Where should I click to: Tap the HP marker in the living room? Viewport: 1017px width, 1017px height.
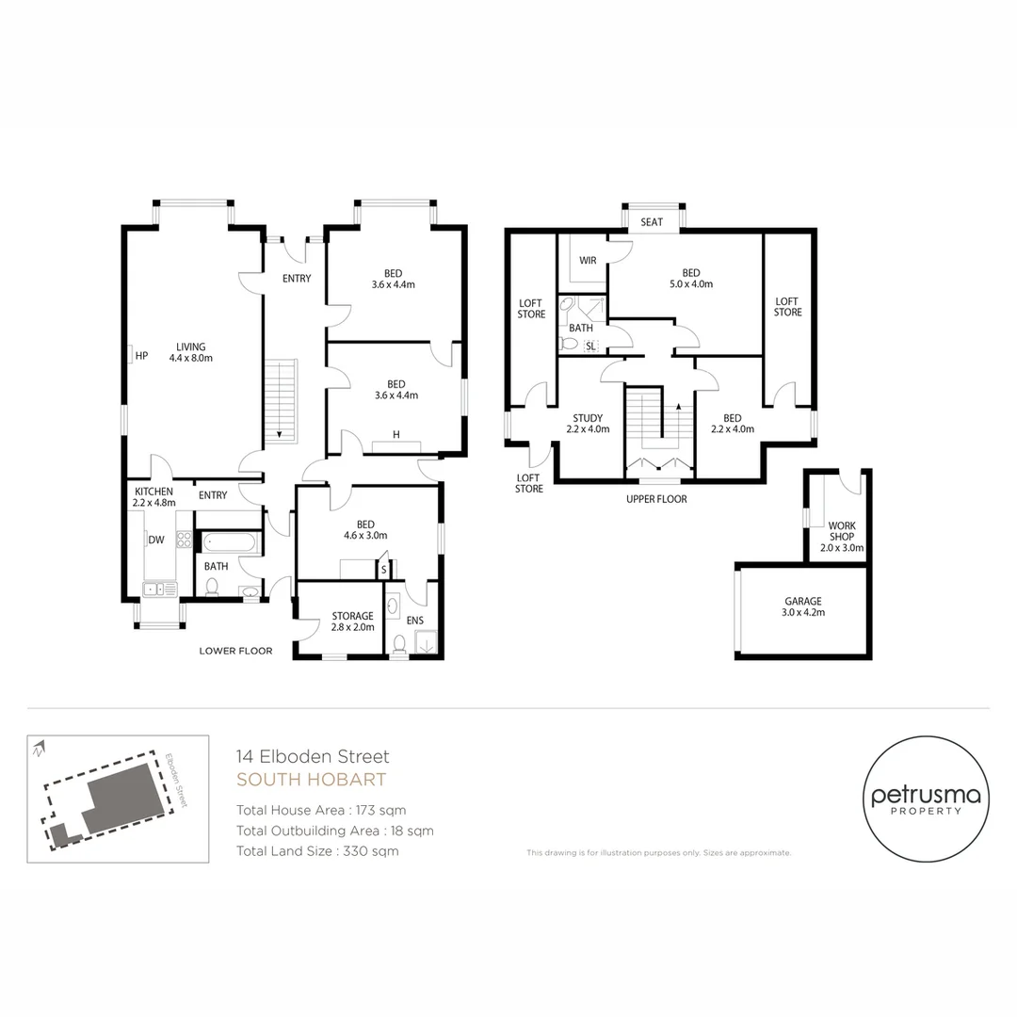(x=141, y=356)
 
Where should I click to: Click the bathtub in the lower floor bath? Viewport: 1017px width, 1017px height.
(x=228, y=542)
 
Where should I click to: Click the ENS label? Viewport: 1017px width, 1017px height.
(x=414, y=621)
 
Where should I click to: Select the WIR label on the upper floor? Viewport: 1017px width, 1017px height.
(x=588, y=261)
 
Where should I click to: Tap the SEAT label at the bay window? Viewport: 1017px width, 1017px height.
(x=652, y=222)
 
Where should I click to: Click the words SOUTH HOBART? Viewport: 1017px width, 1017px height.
(x=311, y=780)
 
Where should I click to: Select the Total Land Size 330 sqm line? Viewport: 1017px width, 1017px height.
(x=317, y=851)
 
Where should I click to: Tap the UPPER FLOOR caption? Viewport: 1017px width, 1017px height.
(x=656, y=499)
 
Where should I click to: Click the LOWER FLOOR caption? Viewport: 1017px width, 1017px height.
(x=235, y=651)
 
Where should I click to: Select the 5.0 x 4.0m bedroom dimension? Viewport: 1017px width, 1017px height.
(x=691, y=283)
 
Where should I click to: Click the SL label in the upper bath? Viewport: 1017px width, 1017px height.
(x=590, y=347)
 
